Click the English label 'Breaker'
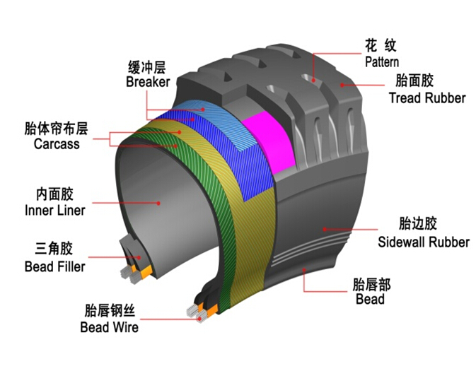[148, 82]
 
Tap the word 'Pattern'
[382, 62]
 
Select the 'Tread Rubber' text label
[427, 98]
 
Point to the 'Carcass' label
[57, 143]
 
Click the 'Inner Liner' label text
[55, 211]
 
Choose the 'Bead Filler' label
[54, 266]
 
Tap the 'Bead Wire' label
[110, 327]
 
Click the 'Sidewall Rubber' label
[424, 242]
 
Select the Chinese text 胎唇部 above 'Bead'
[371, 285]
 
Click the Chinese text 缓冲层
[147, 67]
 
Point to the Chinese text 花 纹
[381, 46]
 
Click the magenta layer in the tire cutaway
[269, 142]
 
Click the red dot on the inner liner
[158, 204]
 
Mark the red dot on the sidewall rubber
[325, 229]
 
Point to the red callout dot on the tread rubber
[342, 86]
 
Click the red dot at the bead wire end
[199, 319]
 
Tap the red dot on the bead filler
[139, 257]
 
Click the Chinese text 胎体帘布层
[56, 129]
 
